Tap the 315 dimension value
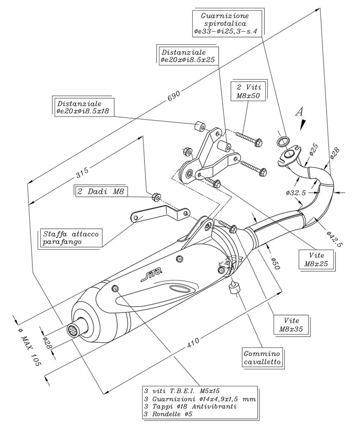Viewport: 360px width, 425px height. point(82,172)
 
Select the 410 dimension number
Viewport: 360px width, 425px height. point(193,343)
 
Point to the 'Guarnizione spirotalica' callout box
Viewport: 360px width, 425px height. point(225,24)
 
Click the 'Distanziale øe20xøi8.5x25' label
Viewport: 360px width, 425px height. point(188,56)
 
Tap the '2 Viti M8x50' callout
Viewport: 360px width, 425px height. point(248,91)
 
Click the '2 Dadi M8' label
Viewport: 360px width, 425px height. point(101,191)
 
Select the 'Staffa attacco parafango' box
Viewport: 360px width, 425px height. point(71,237)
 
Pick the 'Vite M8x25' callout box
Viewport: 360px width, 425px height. point(316,260)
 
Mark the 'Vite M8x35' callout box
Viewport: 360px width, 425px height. point(291,324)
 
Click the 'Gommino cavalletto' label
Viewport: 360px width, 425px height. point(262,358)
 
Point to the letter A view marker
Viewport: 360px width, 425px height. point(299,112)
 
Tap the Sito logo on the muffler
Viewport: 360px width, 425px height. point(152,275)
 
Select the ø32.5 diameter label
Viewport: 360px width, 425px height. point(296,193)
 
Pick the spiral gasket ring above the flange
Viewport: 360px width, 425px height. point(283,141)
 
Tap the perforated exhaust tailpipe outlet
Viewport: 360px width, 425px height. point(73,330)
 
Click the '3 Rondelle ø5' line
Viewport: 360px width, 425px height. point(168,414)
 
